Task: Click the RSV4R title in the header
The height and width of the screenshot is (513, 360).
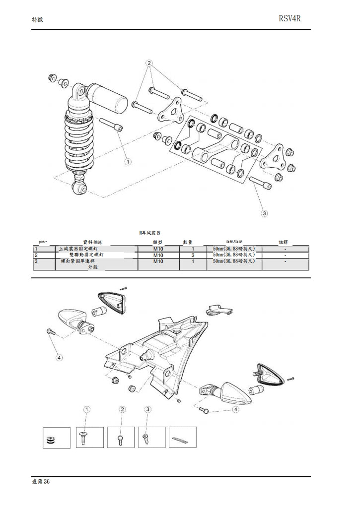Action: [290, 19]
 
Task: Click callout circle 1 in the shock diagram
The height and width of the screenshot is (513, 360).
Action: [128, 161]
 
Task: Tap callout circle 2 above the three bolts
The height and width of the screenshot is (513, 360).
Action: [149, 63]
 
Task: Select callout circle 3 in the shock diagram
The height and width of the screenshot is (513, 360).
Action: [264, 213]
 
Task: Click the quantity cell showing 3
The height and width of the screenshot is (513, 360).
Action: [193, 255]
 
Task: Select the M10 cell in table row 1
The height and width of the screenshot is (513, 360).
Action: [158, 249]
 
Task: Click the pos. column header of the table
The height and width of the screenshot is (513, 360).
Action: [43, 242]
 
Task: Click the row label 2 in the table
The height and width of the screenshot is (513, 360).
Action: [36, 255]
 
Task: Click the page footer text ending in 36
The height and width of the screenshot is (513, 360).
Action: [40, 482]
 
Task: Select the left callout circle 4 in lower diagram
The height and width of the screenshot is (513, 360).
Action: [60, 357]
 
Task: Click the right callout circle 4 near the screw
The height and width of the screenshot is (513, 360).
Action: [235, 410]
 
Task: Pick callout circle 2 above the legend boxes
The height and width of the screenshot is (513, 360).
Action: [123, 409]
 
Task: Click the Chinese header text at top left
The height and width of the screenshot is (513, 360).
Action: [37, 19]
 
